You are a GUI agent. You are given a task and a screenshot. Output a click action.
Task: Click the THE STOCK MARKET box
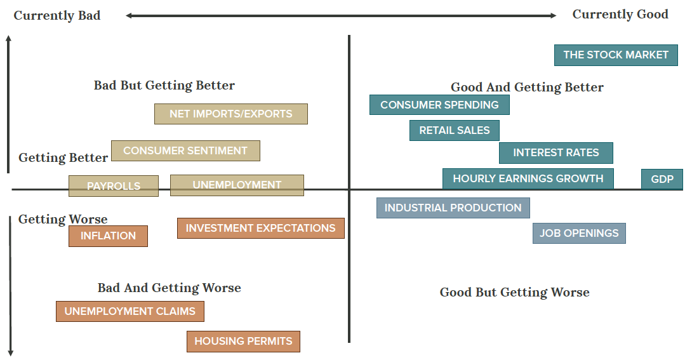616,55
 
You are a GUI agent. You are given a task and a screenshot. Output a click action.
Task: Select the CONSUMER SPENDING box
439,105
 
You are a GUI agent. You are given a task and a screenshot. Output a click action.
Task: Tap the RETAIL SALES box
455,130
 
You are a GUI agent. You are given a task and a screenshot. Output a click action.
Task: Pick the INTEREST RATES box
556,153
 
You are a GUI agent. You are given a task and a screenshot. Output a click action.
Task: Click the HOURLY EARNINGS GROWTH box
528,178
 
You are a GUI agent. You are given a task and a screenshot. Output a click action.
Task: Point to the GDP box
662,179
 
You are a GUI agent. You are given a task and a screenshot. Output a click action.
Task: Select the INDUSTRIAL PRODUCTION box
453,208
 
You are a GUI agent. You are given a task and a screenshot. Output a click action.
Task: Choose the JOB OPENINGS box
579,233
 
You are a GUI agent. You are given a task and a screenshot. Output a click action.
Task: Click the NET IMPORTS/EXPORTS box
231,114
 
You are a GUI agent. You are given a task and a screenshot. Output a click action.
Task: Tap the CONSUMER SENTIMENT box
185,151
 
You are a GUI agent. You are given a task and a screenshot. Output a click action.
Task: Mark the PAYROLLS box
114,186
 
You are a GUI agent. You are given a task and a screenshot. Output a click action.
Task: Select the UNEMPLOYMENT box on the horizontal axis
237,185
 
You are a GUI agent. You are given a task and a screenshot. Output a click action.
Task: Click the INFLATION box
108,236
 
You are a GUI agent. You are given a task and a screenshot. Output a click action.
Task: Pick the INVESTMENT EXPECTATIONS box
260,229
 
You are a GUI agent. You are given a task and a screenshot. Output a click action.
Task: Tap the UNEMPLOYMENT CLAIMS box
130,312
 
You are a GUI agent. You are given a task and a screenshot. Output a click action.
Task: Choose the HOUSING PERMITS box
243,342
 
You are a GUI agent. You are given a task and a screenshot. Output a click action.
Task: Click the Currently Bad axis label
57,16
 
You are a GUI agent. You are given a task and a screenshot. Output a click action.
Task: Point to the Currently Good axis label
620,15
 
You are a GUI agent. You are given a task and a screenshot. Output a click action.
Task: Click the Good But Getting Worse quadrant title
514,293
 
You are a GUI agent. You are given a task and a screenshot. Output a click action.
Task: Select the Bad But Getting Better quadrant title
164,86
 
